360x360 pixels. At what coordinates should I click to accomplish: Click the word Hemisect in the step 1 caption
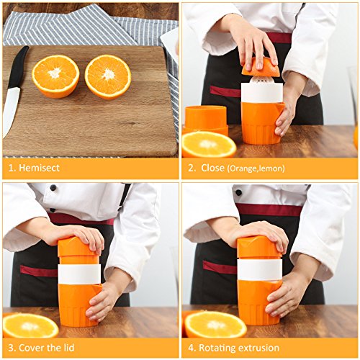(x=39, y=168)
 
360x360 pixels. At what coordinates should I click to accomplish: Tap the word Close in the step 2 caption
(x=212, y=168)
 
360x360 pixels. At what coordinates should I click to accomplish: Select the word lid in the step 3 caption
(x=69, y=348)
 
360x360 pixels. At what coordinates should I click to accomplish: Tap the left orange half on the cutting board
(x=55, y=76)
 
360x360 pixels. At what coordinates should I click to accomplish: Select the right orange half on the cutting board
(x=108, y=77)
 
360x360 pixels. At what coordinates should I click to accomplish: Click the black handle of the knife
(x=17, y=67)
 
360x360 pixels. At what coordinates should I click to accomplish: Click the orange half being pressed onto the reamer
(x=261, y=68)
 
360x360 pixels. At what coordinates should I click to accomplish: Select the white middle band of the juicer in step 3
(x=79, y=274)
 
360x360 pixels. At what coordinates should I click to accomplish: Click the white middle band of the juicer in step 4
(x=260, y=269)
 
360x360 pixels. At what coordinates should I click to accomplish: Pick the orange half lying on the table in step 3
(x=30, y=325)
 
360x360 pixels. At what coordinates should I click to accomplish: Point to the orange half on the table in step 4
(x=215, y=324)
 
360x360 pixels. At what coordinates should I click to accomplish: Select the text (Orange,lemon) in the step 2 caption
(x=256, y=168)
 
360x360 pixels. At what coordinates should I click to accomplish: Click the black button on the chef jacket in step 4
(x=238, y=192)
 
